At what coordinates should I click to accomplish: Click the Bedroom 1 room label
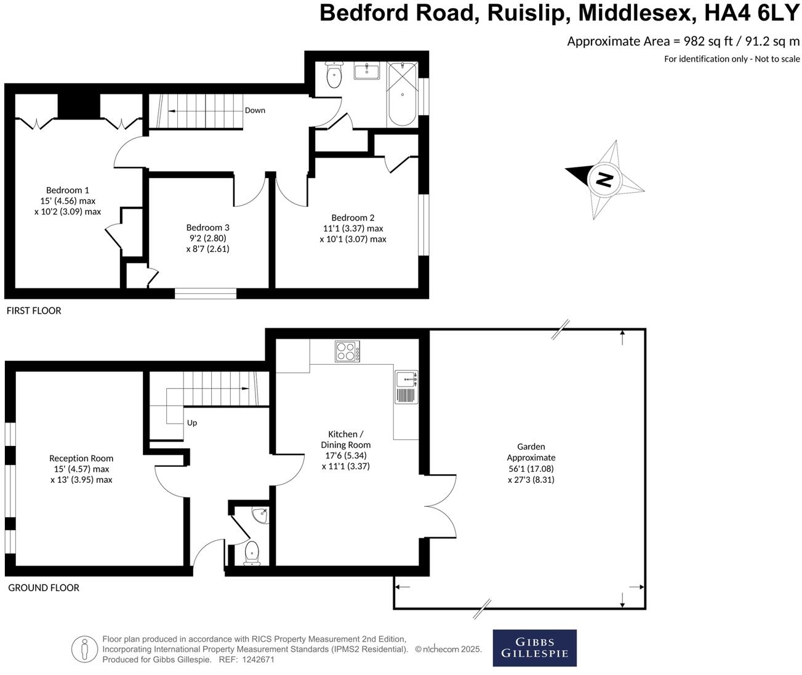[x=68, y=190]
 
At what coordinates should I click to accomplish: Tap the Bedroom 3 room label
[x=207, y=227]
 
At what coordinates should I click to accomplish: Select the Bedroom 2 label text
[x=353, y=217]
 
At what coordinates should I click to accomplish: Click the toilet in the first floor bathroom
[x=334, y=76]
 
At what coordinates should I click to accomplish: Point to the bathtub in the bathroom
[x=403, y=94]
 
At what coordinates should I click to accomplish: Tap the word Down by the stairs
[x=255, y=110]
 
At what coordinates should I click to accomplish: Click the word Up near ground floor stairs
[x=192, y=423]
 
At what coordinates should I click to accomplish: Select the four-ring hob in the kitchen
[x=348, y=351]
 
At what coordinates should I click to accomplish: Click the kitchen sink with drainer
[x=406, y=387]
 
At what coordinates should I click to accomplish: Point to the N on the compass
[x=605, y=180]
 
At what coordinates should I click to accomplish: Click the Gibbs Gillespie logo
[x=534, y=648]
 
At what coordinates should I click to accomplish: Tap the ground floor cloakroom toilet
[x=252, y=552]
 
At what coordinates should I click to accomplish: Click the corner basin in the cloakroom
[x=261, y=515]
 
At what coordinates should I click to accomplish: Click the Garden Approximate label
[x=531, y=452]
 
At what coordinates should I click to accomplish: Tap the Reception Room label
[x=81, y=458]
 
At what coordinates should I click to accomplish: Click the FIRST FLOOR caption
[x=34, y=310]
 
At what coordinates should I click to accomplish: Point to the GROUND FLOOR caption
[x=44, y=588]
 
